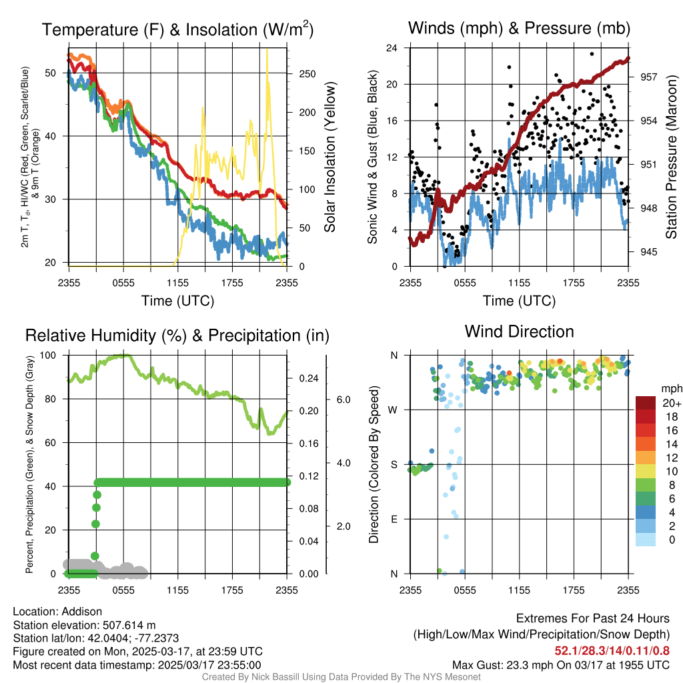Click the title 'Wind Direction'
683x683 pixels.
519,331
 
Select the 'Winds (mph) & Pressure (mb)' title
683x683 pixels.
519,29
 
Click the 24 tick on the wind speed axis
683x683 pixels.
392,48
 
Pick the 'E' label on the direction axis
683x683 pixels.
394,519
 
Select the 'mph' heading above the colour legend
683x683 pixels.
670,388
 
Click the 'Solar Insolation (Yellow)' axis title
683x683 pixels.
329,157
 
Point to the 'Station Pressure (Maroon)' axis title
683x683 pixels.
672,157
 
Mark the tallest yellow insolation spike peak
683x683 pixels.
267,49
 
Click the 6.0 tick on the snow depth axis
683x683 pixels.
342,400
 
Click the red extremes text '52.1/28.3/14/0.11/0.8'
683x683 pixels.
612,650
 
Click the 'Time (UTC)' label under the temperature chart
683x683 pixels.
177,301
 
